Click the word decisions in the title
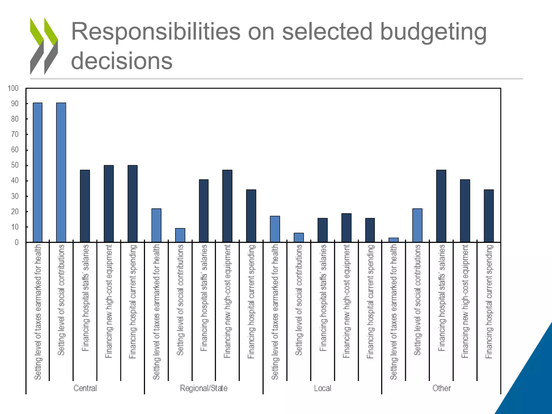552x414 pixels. (122, 61)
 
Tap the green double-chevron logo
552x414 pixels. (44, 46)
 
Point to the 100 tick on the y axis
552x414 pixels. (13, 88)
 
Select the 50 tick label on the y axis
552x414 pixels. (15, 165)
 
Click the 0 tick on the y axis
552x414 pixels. (17, 242)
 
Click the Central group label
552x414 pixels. (85, 388)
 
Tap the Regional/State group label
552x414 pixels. (204, 388)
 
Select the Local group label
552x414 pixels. (322, 388)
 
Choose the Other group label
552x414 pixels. (441, 388)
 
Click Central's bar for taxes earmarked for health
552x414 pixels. (37, 172)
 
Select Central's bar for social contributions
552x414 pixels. (61, 172)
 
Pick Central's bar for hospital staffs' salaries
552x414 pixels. (85, 206)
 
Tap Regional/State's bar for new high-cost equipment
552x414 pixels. (227, 206)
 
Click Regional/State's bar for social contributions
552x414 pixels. (180, 235)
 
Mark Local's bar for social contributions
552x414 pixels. (299, 238)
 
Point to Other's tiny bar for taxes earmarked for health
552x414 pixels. (394, 240)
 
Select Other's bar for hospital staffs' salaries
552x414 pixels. (441, 206)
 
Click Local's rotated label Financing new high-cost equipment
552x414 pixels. (346, 301)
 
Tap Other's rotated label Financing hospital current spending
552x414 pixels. (489, 301)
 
